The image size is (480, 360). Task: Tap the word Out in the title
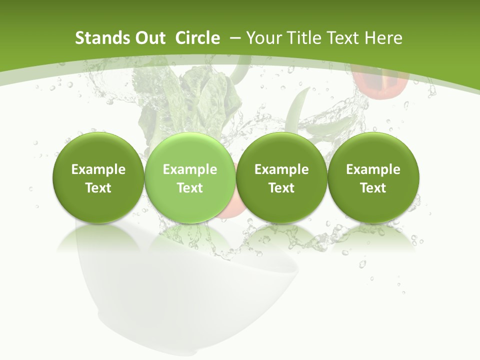[149, 38]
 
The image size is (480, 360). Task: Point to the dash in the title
[235, 38]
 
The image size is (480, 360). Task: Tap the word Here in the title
[384, 38]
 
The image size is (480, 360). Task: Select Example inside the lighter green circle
[190, 169]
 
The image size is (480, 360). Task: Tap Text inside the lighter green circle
[190, 188]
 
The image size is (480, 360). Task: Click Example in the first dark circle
[98, 169]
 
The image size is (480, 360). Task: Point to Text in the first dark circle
[98, 188]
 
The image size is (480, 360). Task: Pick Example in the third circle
[281, 169]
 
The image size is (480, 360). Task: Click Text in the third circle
[281, 188]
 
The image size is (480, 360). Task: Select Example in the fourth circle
[373, 169]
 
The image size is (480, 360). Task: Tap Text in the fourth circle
[373, 188]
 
